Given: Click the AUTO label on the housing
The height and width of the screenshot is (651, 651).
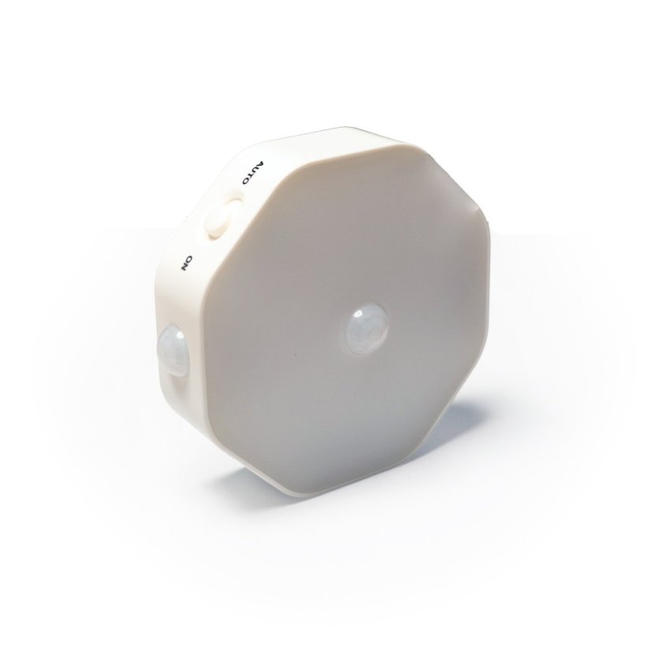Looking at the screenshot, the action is [x=252, y=173].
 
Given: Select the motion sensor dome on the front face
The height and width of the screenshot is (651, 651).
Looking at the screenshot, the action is [x=368, y=329].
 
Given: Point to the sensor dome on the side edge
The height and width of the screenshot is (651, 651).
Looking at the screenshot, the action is [x=173, y=350].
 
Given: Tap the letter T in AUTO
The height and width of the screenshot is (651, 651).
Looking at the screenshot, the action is [x=251, y=175].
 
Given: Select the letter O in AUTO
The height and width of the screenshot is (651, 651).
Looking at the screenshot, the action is [x=246, y=182].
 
